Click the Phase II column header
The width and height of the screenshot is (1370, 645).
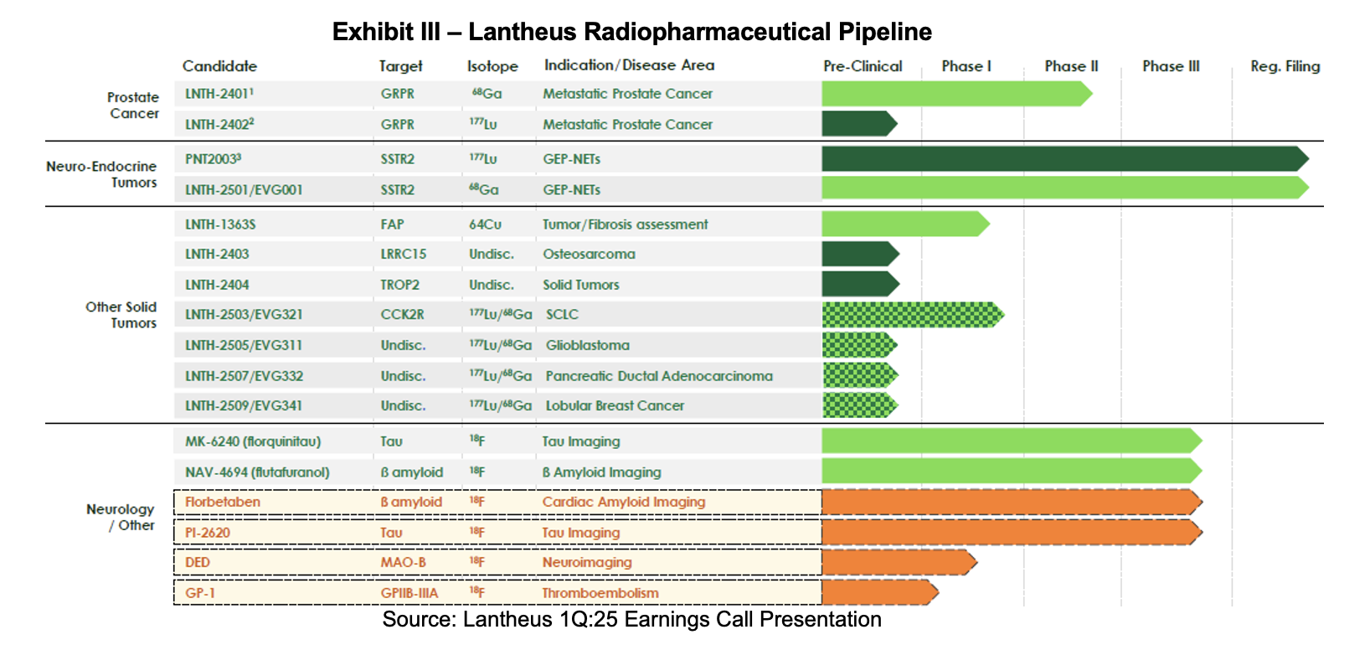pos(1071,66)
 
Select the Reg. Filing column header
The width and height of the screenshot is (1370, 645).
pos(1285,66)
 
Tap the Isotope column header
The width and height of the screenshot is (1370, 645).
pos(492,66)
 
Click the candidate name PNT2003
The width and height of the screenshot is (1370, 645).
pos(213,159)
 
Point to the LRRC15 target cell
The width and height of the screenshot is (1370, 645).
pos(403,254)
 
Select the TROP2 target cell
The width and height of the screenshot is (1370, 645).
pos(399,285)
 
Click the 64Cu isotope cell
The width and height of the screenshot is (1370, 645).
pos(485,224)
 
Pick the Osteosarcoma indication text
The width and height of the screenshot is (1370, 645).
pos(589,254)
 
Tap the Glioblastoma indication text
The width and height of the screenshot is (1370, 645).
pos(587,345)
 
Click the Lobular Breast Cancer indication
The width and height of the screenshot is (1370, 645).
pos(615,405)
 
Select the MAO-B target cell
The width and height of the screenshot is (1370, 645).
pos(403,562)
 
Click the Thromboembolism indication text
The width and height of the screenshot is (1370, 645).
pos(600,593)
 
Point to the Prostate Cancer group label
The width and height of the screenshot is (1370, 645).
pos(133,106)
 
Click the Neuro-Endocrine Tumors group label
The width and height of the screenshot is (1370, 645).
pos(101,174)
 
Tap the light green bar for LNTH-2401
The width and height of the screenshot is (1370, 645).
pos(955,94)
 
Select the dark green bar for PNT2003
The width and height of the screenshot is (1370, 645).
pos(1064,159)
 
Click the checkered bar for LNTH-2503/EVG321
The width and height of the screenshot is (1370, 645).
pos(911,315)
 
